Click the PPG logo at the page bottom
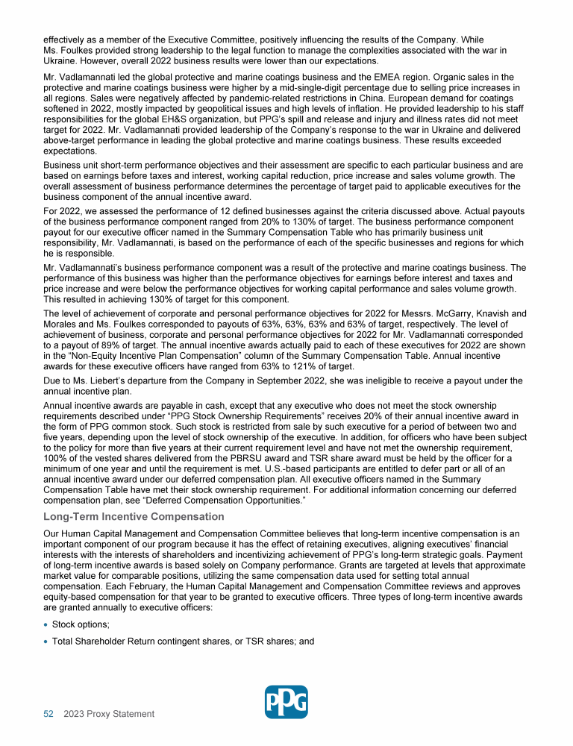pos(286,702)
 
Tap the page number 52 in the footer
pos(48,714)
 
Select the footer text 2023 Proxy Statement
pos(109,714)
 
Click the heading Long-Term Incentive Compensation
pos(134,516)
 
